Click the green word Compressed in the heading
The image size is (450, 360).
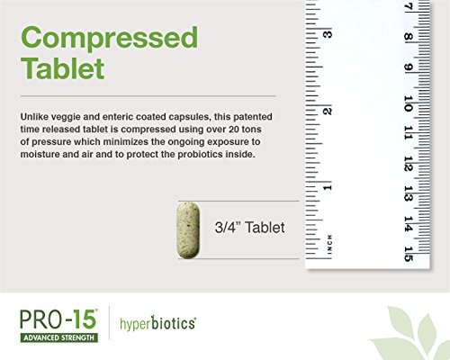(110, 39)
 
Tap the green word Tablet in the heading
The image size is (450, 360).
(62, 68)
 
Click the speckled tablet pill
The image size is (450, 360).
(188, 230)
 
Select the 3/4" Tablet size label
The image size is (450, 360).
(249, 227)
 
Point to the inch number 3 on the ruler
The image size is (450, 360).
(328, 34)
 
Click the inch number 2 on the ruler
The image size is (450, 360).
(328, 111)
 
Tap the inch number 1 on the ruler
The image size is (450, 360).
(328, 188)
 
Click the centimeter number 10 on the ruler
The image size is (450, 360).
(408, 103)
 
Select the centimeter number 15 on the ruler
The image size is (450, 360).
(408, 254)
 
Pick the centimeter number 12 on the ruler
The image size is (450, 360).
(408, 164)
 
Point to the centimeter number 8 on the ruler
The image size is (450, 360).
(408, 37)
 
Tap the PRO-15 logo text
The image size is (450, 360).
(58, 319)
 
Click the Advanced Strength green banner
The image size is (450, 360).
(59, 337)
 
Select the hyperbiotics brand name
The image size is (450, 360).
(157, 323)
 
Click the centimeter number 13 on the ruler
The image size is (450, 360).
(408, 193)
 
